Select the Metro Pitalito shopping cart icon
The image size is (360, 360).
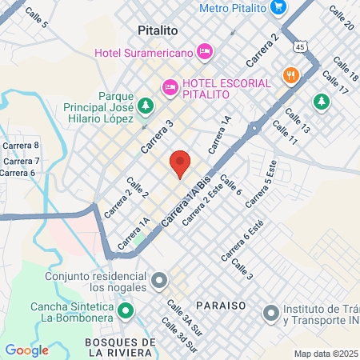(278, 8)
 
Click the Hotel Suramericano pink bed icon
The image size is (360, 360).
(206, 52)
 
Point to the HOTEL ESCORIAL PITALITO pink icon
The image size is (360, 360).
(170, 87)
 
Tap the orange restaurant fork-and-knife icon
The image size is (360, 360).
(290, 75)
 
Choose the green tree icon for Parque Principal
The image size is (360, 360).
(145, 104)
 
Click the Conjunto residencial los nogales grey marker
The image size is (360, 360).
(159, 280)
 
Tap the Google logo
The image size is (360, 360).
(27, 350)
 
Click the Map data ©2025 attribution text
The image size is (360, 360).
(326, 354)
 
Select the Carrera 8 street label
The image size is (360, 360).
(22, 145)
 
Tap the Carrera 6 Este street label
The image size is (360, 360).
(242, 240)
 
